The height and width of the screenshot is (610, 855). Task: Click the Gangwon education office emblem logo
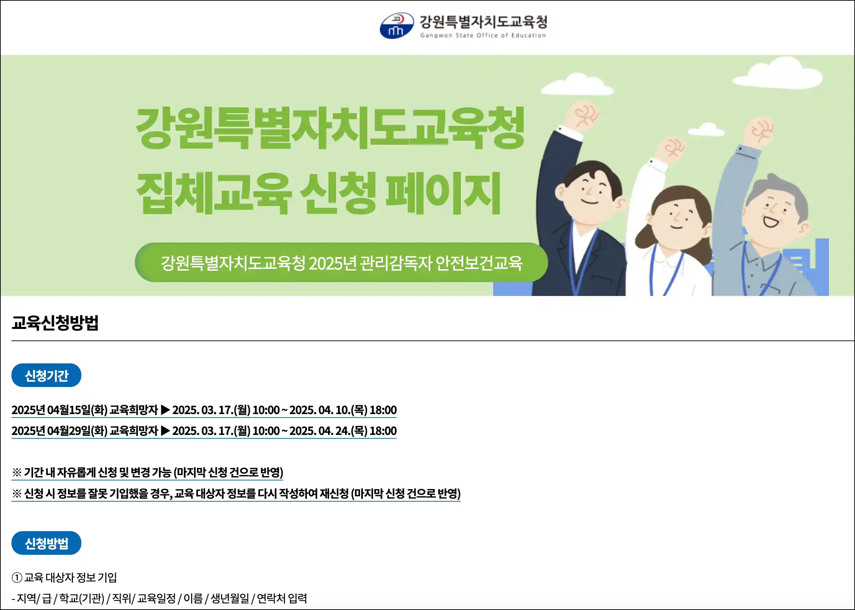pos(397,26)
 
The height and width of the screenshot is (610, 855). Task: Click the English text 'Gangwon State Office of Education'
pos(483,35)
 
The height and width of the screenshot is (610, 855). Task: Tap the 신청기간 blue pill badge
pos(46,375)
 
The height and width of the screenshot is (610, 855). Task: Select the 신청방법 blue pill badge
pos(46,543)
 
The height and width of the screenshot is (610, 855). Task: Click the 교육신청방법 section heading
pos(55,322)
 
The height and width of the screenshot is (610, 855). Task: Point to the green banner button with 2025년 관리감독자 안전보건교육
pos(341,262)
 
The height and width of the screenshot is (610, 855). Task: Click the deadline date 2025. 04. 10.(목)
pos(328,410)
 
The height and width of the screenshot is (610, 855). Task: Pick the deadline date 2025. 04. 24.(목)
pos(328,431)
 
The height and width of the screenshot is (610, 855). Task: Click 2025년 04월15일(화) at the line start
pos(59,410)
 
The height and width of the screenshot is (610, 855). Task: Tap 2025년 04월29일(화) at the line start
pos(59,431)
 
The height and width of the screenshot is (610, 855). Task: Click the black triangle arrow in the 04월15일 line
pos(165,410)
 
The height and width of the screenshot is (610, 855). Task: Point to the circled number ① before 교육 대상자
pos(17,577)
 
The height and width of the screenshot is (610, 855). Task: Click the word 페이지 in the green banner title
pos(443,193)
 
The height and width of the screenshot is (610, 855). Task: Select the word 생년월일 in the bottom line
pos(230,598)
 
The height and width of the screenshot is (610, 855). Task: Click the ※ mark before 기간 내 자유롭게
pos(17,472)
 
